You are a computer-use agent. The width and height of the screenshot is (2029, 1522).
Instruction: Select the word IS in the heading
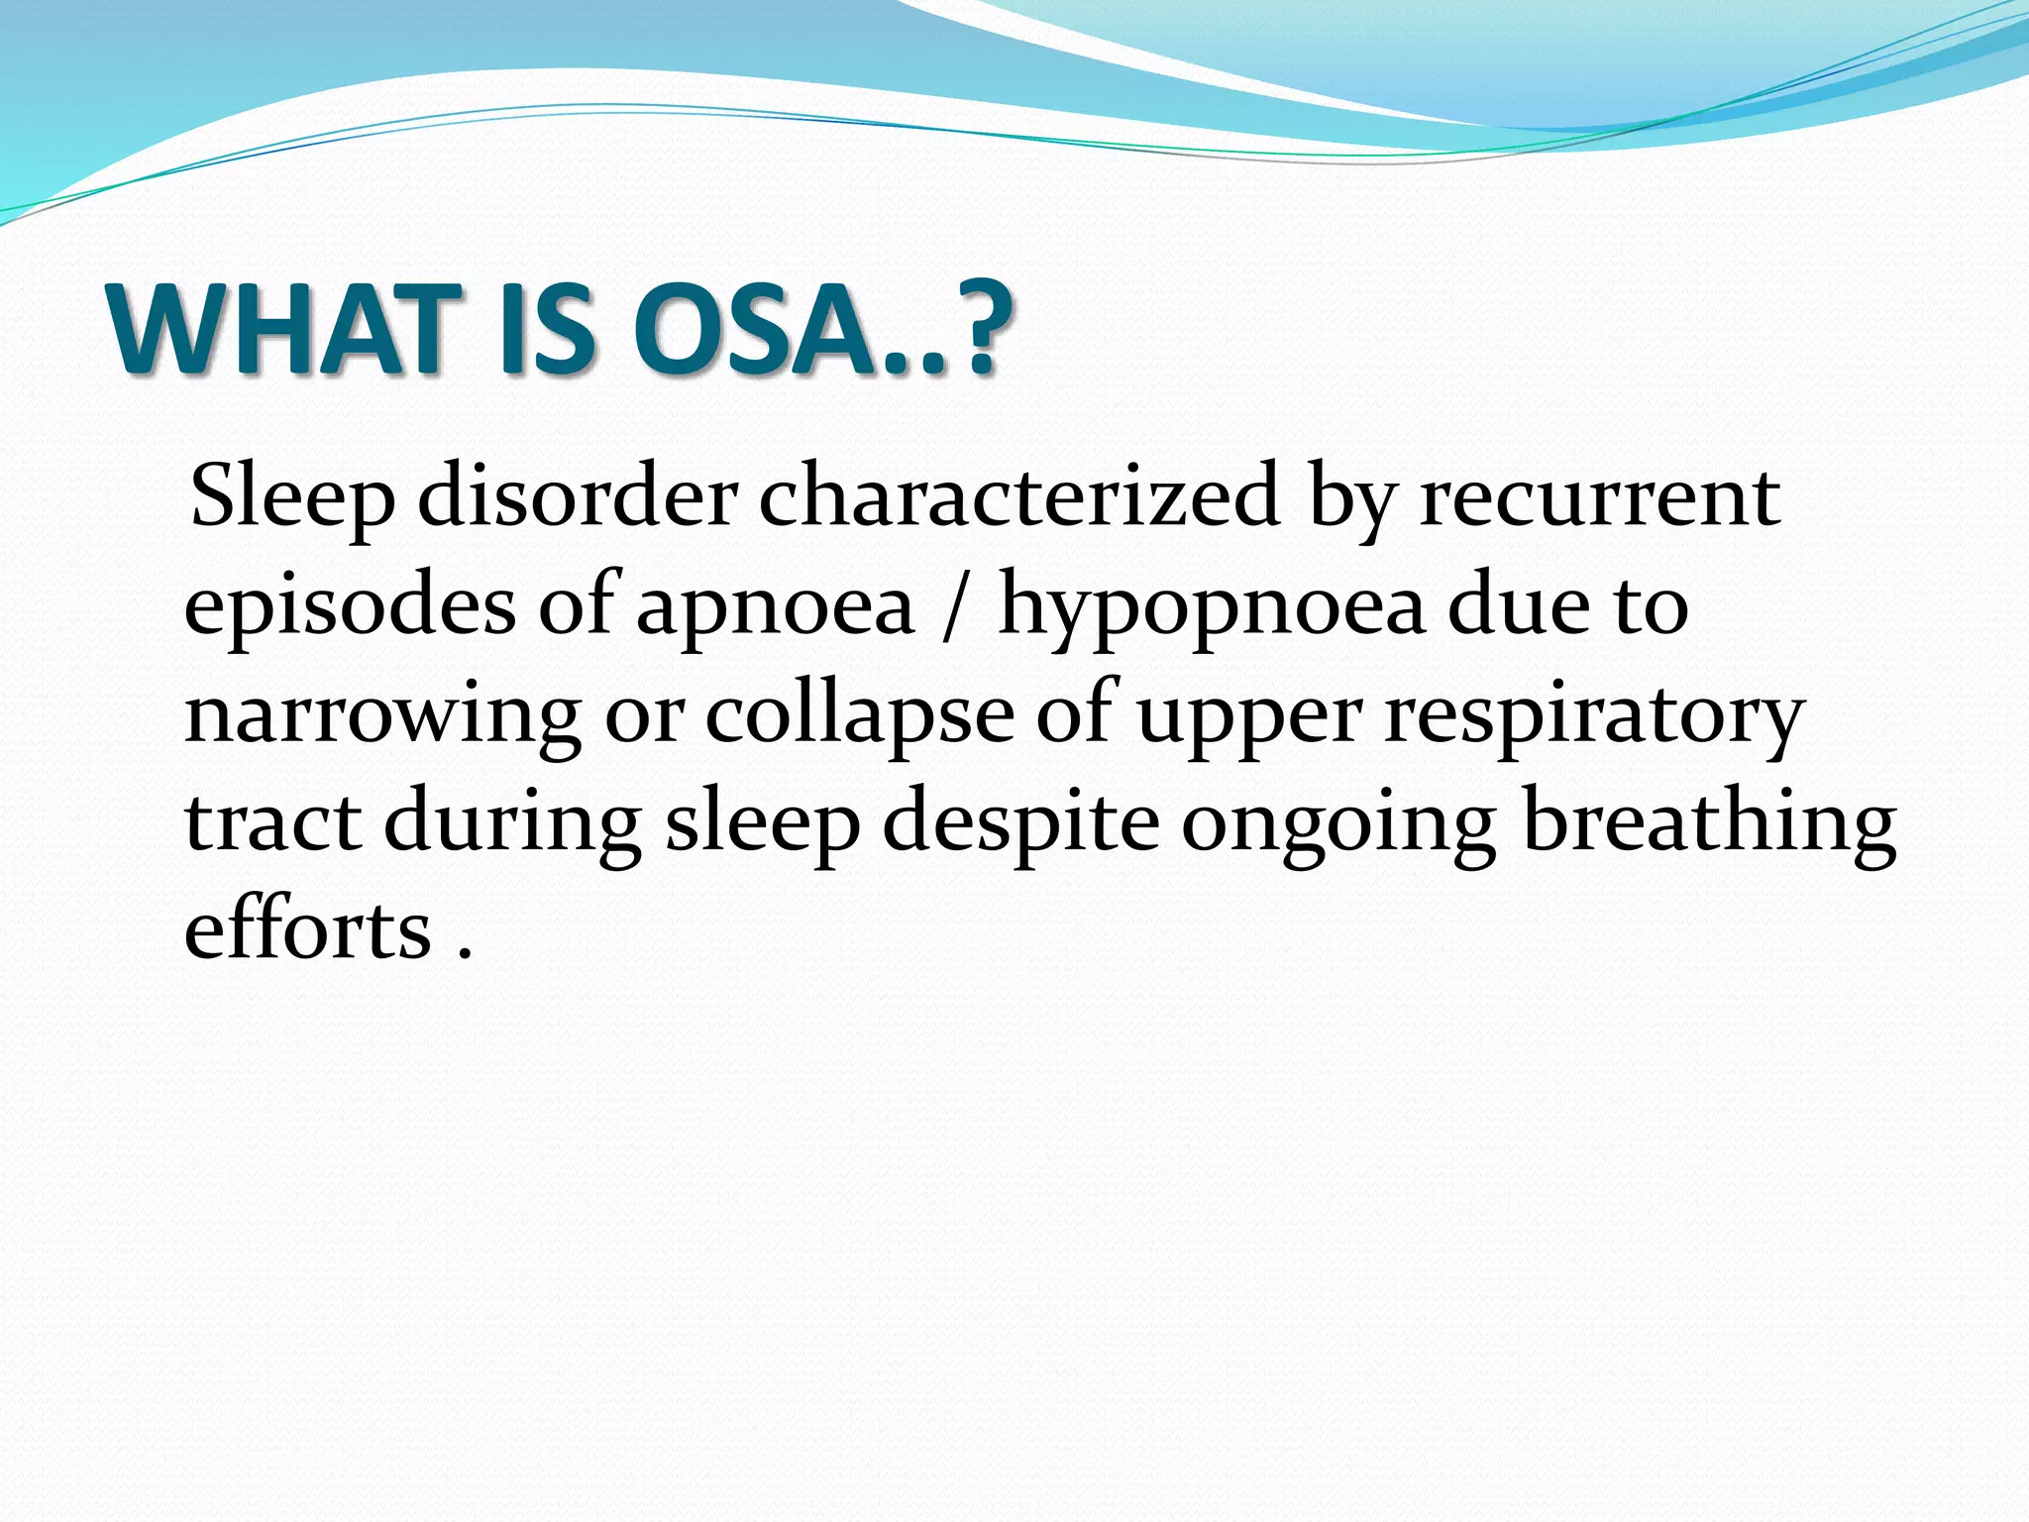(x=547, y=329)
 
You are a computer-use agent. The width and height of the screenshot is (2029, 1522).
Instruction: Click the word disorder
(x=578, y=495)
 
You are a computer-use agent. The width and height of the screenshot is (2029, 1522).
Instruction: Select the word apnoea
(x=774, y=606)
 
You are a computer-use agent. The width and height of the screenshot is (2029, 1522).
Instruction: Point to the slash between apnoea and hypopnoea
(x=952, y=606)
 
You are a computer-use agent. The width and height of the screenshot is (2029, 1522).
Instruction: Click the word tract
(x=272, y=822)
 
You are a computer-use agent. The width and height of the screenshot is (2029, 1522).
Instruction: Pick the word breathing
(x=1709, y=822)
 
